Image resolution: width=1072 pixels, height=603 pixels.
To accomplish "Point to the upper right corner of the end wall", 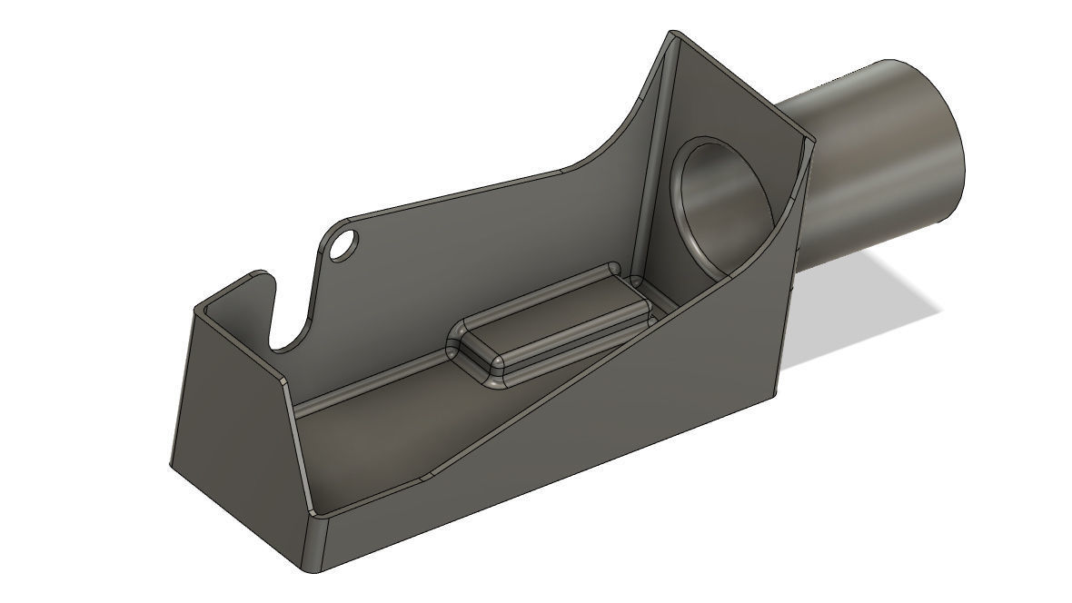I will [x=810, y=141].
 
